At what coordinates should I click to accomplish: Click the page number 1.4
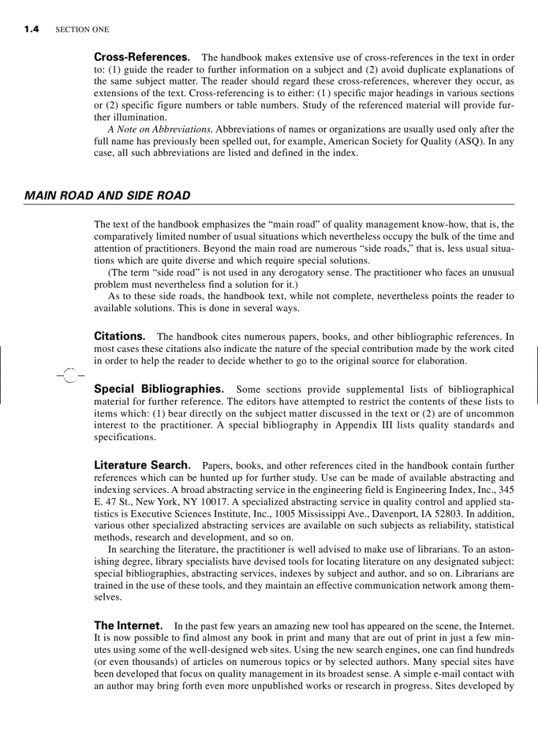(32, 29)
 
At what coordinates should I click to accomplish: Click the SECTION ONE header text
(82, 30)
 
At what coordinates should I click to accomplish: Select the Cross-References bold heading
(142, 58)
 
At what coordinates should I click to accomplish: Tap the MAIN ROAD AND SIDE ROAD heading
(107, 196)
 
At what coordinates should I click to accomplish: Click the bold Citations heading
(119, 336)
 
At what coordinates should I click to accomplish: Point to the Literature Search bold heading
(142, 466)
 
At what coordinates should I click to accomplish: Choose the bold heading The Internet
(129, 625)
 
